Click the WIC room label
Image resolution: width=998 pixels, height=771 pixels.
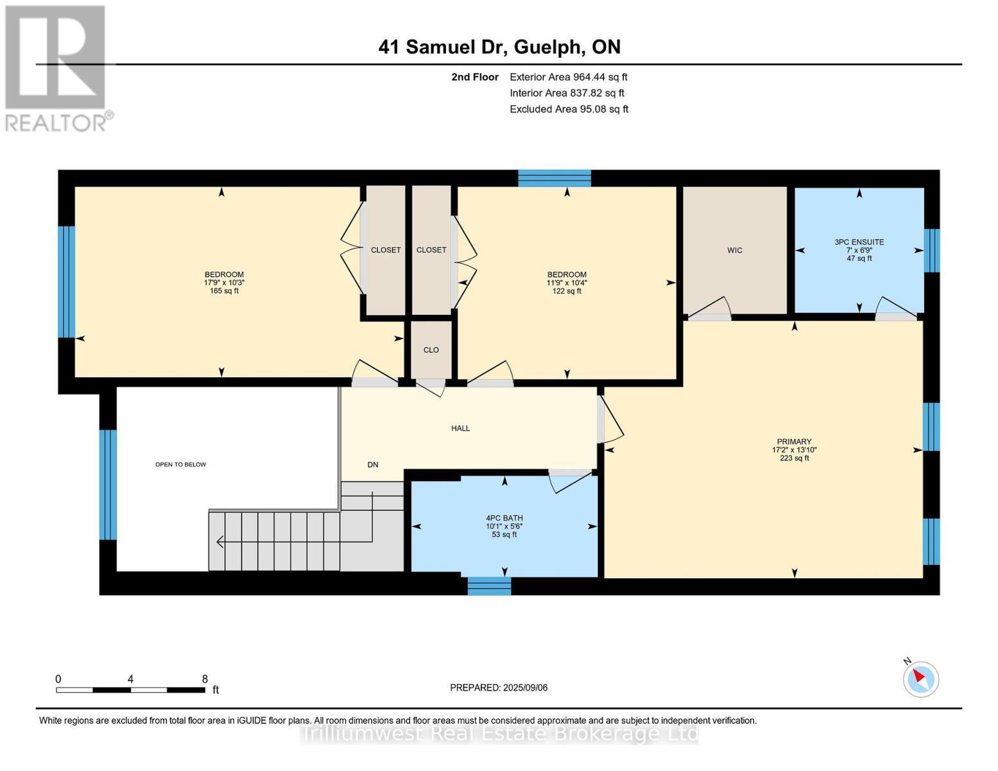pyautogui.click(x=735, y=251)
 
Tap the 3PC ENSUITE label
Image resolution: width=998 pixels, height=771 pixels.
pyautogui.click(x=859, y=242)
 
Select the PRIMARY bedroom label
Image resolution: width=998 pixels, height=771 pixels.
pyautogui.click(x=794, y=441)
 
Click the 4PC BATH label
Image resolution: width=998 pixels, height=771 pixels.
pyautogui.click(x=504, y=518)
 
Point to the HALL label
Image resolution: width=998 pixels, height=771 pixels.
pyautogui.click(x=460, y=428)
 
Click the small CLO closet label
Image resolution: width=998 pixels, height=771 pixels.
pyautogui.click(x=431, y=350)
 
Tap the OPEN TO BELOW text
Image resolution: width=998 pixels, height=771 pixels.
pyautogui.click(x=181, y=465)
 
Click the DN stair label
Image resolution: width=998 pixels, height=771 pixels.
pyautogui.click(x=373, y=465)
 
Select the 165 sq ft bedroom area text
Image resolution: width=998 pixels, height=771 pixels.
pyautogui.click(x=224, y=290)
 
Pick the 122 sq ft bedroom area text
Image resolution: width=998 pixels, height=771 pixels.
pyautogui.click(x=567, y=290)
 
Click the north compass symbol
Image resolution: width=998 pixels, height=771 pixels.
pyautogui.click(x=920, y=678)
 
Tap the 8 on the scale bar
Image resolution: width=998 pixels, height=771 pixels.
pyautogui.click(x=205, y=678)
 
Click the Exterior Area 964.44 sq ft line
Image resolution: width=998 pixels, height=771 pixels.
pyautogui.click(x=569, y=77)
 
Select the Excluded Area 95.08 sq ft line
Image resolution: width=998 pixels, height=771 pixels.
pyautogui.click(x=569, y=109)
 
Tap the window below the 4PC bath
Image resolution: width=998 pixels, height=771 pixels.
pyautogui.click(x=489, y=585)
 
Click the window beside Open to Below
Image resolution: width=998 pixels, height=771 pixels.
pyautogui.click(x=108, y=484)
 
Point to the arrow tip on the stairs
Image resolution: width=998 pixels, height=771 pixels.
pyautogui.click(x=217, y=542)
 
